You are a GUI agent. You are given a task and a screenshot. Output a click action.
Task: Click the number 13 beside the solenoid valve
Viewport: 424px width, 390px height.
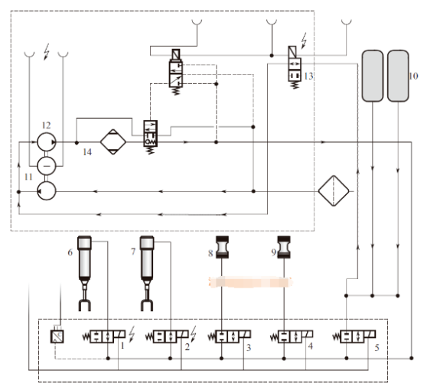308,76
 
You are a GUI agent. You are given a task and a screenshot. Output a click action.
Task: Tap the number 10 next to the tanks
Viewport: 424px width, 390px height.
413,76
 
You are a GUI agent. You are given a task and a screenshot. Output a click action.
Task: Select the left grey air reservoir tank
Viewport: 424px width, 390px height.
373,76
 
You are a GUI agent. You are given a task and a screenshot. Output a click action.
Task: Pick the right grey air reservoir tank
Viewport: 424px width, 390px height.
398,76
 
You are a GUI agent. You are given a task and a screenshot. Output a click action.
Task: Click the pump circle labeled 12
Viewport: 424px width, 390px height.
47,141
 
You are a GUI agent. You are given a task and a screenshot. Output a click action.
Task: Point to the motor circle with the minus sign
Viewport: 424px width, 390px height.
47,166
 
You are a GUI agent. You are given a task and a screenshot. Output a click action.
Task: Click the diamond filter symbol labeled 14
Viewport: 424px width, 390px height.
113,142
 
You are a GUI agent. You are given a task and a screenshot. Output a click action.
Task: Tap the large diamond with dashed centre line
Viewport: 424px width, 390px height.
334,191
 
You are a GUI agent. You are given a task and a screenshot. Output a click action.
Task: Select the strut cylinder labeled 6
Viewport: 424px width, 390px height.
85,273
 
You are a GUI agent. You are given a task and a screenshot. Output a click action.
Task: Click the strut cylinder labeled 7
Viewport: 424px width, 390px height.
147,273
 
